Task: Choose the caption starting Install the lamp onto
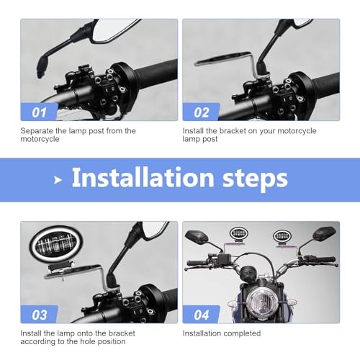pyautogui.click(x=78, y=337)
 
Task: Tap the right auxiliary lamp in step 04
pyautogui.click(x=282, y=235)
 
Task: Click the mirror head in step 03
pyautogui.click(x=153, y=232)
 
